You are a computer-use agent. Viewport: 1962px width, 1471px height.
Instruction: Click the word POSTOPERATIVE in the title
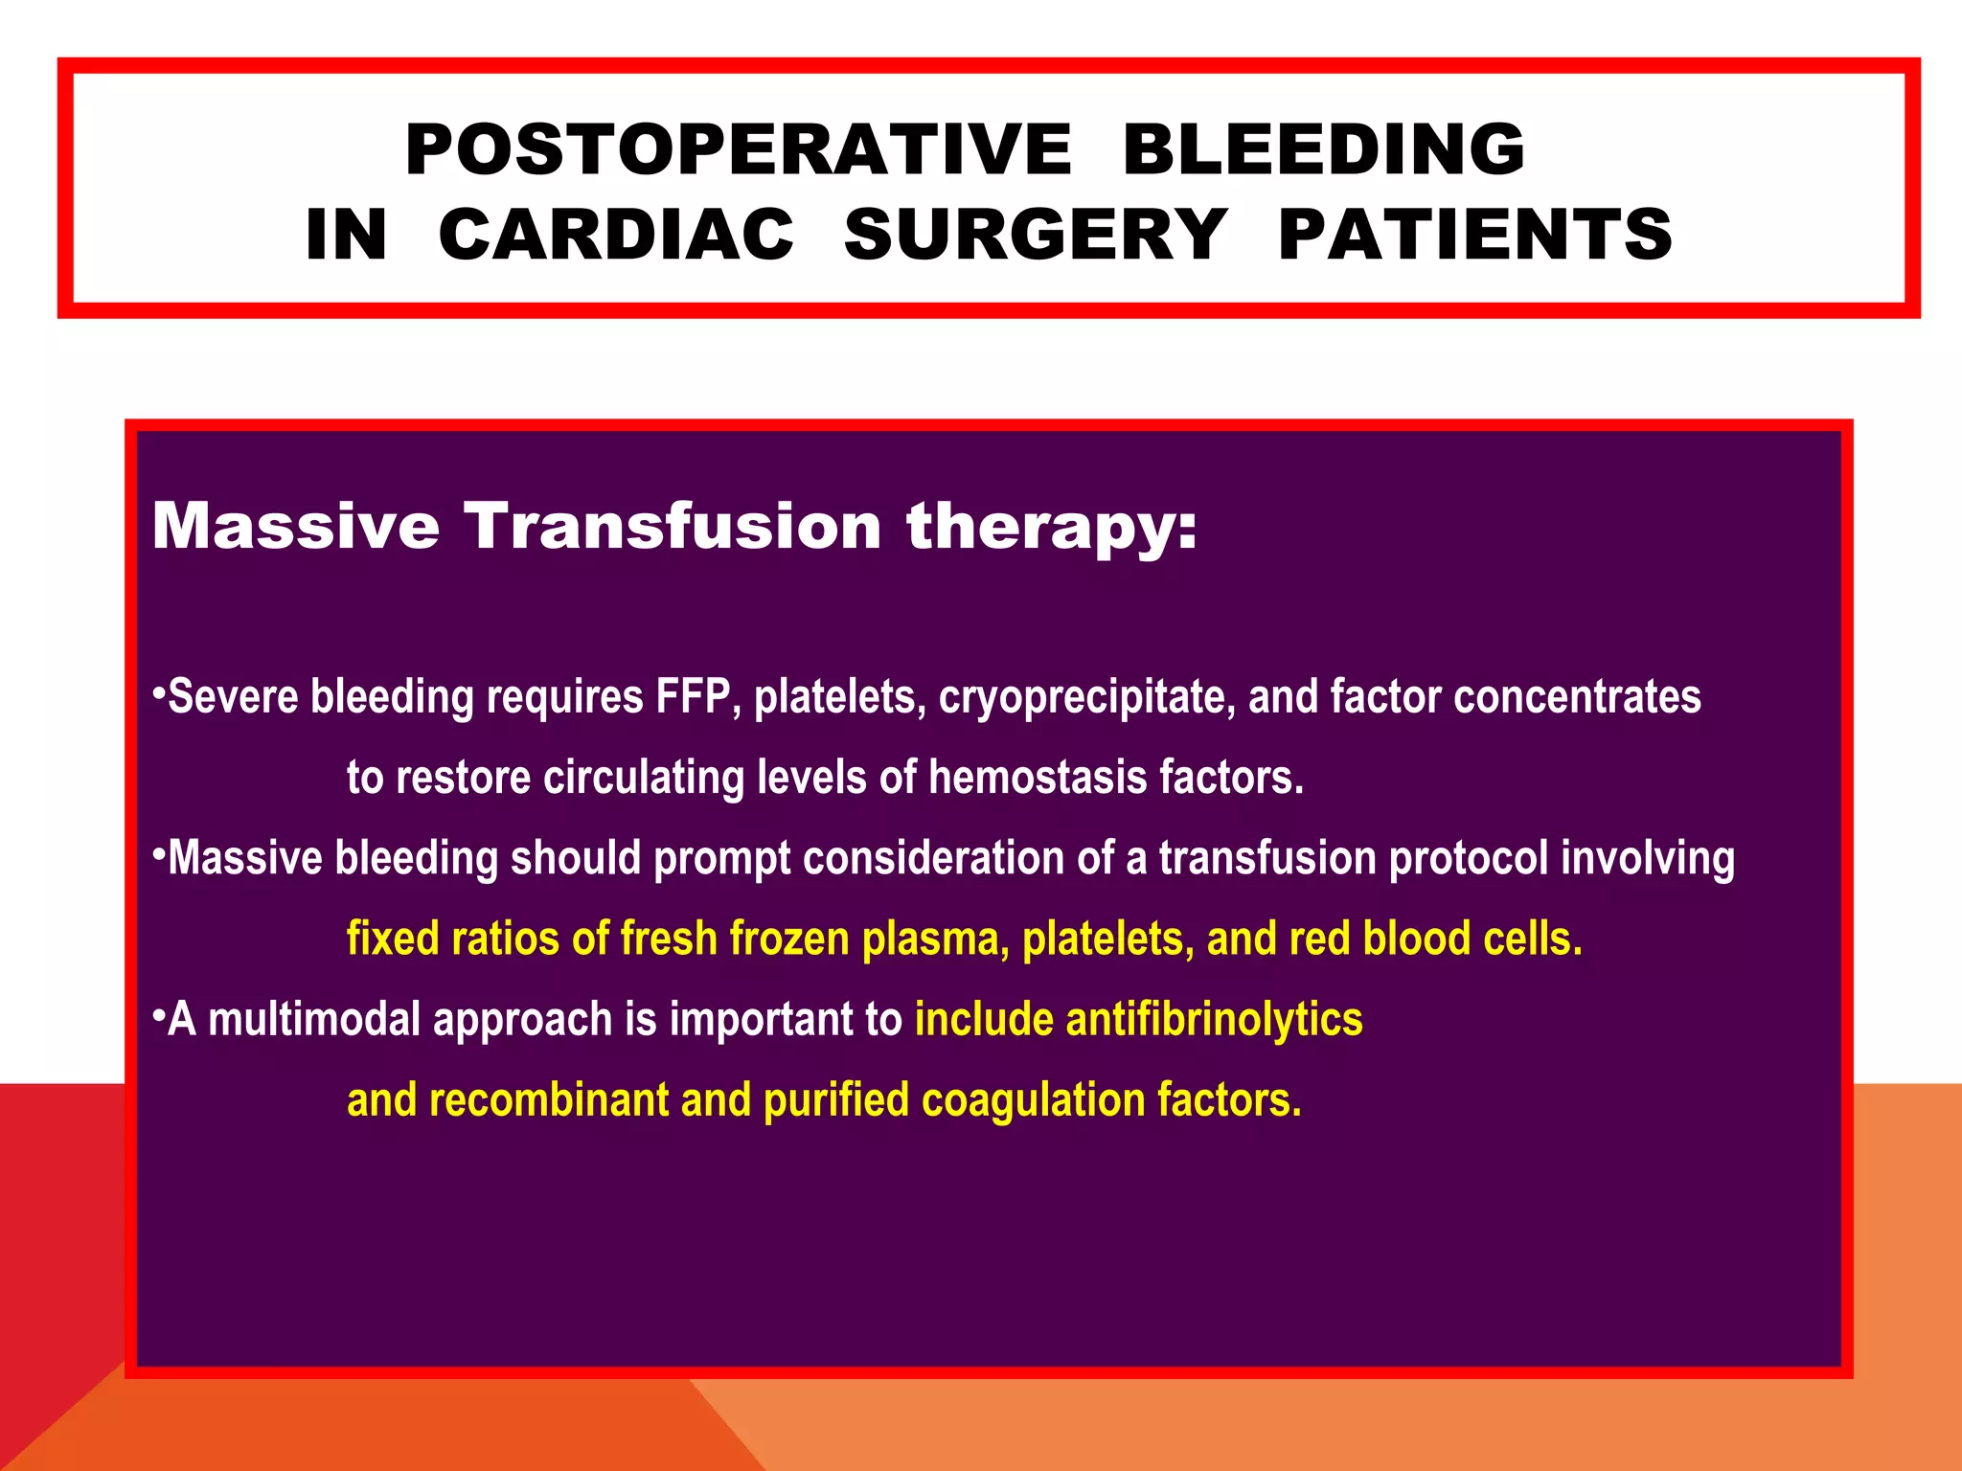click(738, 150)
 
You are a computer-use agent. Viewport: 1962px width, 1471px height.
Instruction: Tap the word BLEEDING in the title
click(1324, 150)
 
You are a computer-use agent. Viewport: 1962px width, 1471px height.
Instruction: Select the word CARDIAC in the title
click(616, 235)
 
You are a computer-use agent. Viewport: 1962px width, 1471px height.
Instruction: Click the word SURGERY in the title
click(1036, 235)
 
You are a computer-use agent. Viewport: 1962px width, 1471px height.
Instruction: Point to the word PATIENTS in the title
click(1475, 235)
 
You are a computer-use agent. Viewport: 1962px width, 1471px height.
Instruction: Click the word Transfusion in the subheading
click(673, 526)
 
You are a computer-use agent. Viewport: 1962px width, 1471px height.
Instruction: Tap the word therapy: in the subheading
click(1052, 528)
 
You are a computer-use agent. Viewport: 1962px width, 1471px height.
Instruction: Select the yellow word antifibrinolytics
click(1214, 1020)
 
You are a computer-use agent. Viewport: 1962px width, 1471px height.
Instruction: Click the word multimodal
click(314, 1020)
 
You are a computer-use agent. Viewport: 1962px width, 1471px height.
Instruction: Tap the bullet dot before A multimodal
click(159, 1014)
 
